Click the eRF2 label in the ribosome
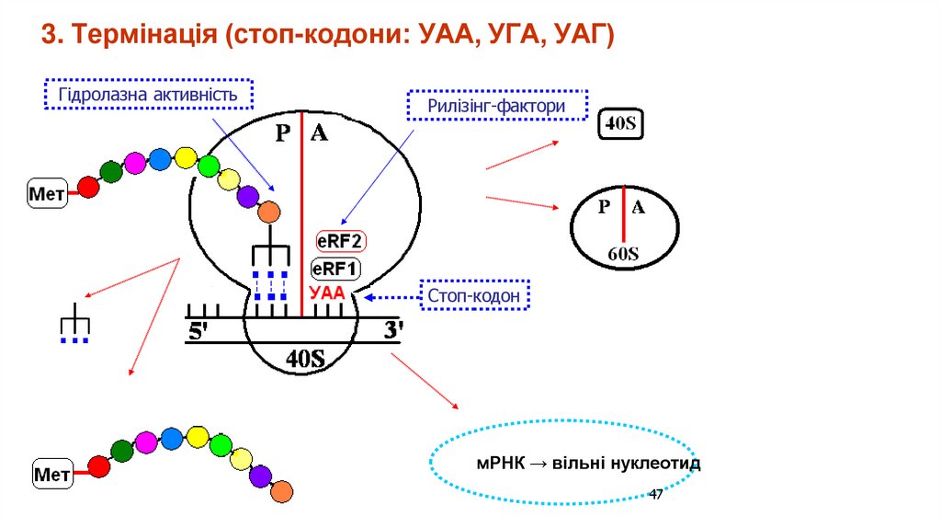pyautogui.click(x=341, y=242)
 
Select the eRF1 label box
pyautogui.click(x=336, y=269)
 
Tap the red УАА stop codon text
pyautogui.click(x=326, y=294)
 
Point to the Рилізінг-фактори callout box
pyautogui.click(x=495, y=107)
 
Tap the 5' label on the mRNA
pyautogui.click(x=199, y=333)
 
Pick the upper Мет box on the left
pyautogui.click(x=47, y=194)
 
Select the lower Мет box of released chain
pyautogui.click(x=52, y=474)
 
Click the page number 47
pyautogui.click(x=656, y=495)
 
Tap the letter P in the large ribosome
pyautogui.click(x=284, y=134)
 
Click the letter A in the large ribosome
pyautogui.click(x=319, y=133)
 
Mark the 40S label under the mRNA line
pyautogui.click(x=305, y=357)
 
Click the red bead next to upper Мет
pyautogui.click(x=88, y=188)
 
